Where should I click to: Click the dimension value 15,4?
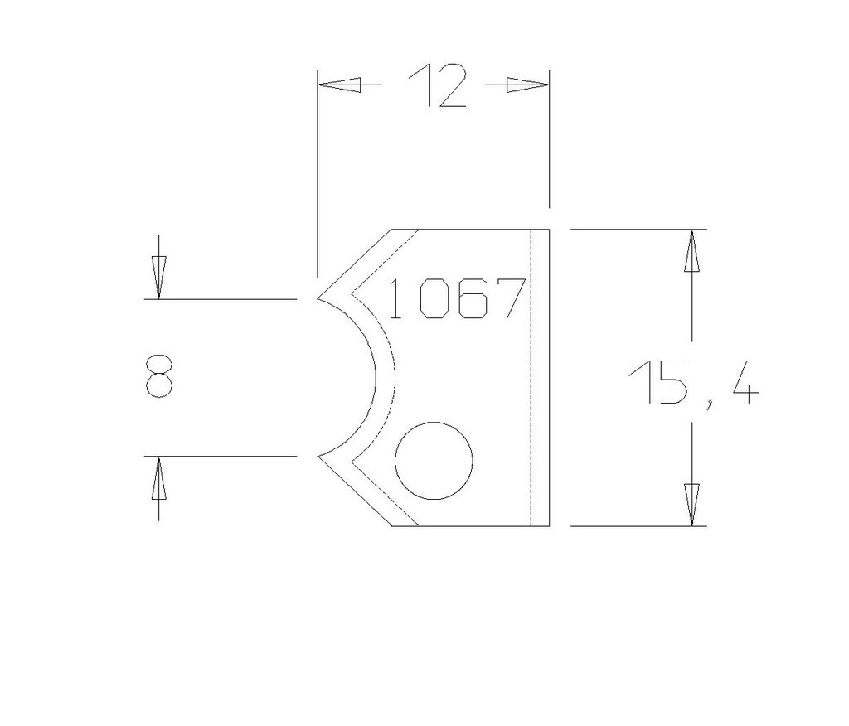pyautogui.click(x=691, y=382)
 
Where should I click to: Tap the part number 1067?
pyautogui.click(x=456, y=299)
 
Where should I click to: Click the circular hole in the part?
pyautogui.click(x=434, y=461)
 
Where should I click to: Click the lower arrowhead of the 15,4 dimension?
pyautogui.click(x=691, y=504)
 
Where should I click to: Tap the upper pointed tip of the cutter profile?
pyautogui.click(x=318, y=298)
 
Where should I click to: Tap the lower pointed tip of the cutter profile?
pyautogui.click(x=318, y=456)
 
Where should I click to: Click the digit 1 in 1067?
pyautogui.click(x=395, y=299)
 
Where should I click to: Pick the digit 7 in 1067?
pyautogui.click(x=512, y=299)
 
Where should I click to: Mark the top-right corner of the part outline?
pyautogui.click(x=549, y=229)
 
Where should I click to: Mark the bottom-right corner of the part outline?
pyautogui.click(x=549, y=526)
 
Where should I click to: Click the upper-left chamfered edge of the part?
pyautogui.click(x=355, y=264)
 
